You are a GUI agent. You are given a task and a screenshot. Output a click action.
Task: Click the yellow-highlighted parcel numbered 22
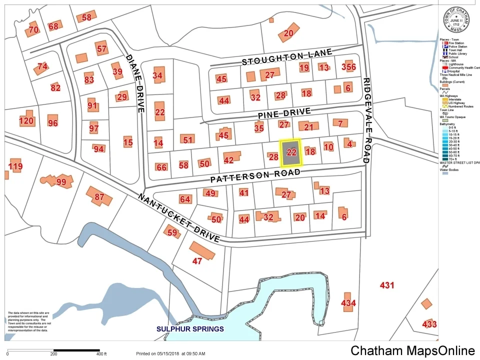coord(291,153)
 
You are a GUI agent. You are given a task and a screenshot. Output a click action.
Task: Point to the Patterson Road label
coord(255,175)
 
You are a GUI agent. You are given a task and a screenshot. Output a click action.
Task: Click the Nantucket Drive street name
coord(178,218)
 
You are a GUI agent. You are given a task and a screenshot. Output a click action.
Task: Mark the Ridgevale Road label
coord(366,120)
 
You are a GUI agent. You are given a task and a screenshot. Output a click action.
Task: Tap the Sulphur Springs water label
coord(190,329)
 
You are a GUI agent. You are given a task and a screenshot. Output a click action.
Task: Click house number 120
coord(26,121)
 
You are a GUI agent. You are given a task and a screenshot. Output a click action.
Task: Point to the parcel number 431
coord(387,285)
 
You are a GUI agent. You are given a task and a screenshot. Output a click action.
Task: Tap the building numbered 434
coord(348,302)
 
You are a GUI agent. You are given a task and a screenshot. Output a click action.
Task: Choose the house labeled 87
coord(99,197)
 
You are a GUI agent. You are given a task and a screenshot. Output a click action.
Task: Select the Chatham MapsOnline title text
coord(412,350)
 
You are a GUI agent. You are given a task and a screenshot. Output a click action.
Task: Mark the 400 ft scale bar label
coord(101,354)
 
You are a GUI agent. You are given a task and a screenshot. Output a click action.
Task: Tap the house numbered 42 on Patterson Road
coord(229,160)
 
